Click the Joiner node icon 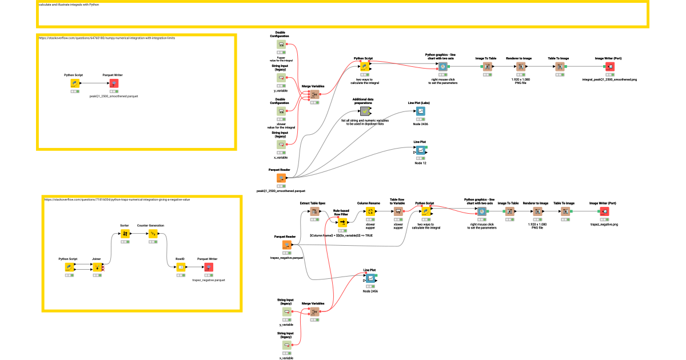coord(97,267)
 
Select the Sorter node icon coord(125,234)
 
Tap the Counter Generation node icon coord(153,234)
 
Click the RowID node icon coord(180,267)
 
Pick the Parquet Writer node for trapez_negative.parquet coord(209,267)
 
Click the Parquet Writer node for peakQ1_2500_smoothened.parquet coord(114,83)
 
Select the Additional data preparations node coord(364,111)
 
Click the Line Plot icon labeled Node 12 coord(420,150)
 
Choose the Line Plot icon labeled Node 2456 coord(370,279)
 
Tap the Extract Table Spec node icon coord(313,212)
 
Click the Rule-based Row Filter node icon coord(342,223)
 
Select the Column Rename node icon coord(370,212)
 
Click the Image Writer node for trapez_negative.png coord(604,212)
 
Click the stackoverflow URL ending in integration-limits coord(107,38)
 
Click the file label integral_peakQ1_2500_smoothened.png coord(609,79)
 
